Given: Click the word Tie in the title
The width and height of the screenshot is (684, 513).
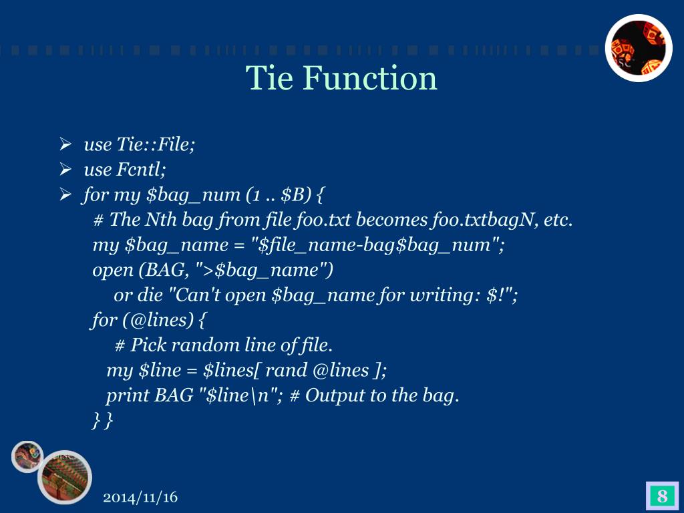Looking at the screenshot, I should click(x=270, y=78).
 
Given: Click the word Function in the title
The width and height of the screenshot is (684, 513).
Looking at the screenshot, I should click(x=369, y=78).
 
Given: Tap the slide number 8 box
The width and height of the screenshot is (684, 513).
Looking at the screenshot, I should click(x=662, y=496).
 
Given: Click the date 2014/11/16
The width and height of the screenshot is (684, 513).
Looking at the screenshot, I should click(x=141, y=498).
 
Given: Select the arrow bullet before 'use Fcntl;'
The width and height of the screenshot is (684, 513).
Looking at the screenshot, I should click(x=65, y=169).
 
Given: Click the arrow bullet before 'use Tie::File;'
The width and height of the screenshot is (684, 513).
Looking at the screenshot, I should click(x=65, y=144).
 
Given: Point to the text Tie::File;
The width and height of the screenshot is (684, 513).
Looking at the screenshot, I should click(x=156, y=144).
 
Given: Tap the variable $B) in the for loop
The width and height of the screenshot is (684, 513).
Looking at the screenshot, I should click(x=296, y=195).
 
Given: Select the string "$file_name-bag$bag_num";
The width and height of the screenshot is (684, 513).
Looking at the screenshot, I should click(x=381, y=245).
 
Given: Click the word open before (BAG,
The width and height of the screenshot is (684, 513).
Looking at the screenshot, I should click(x=112, y=271).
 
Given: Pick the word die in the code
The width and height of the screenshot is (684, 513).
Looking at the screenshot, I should click(x=155, y=295).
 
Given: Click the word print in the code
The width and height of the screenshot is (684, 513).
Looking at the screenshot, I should click(x=128, y=395).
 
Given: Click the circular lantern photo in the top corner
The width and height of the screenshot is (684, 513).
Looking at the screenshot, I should click(x=638, y=48).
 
